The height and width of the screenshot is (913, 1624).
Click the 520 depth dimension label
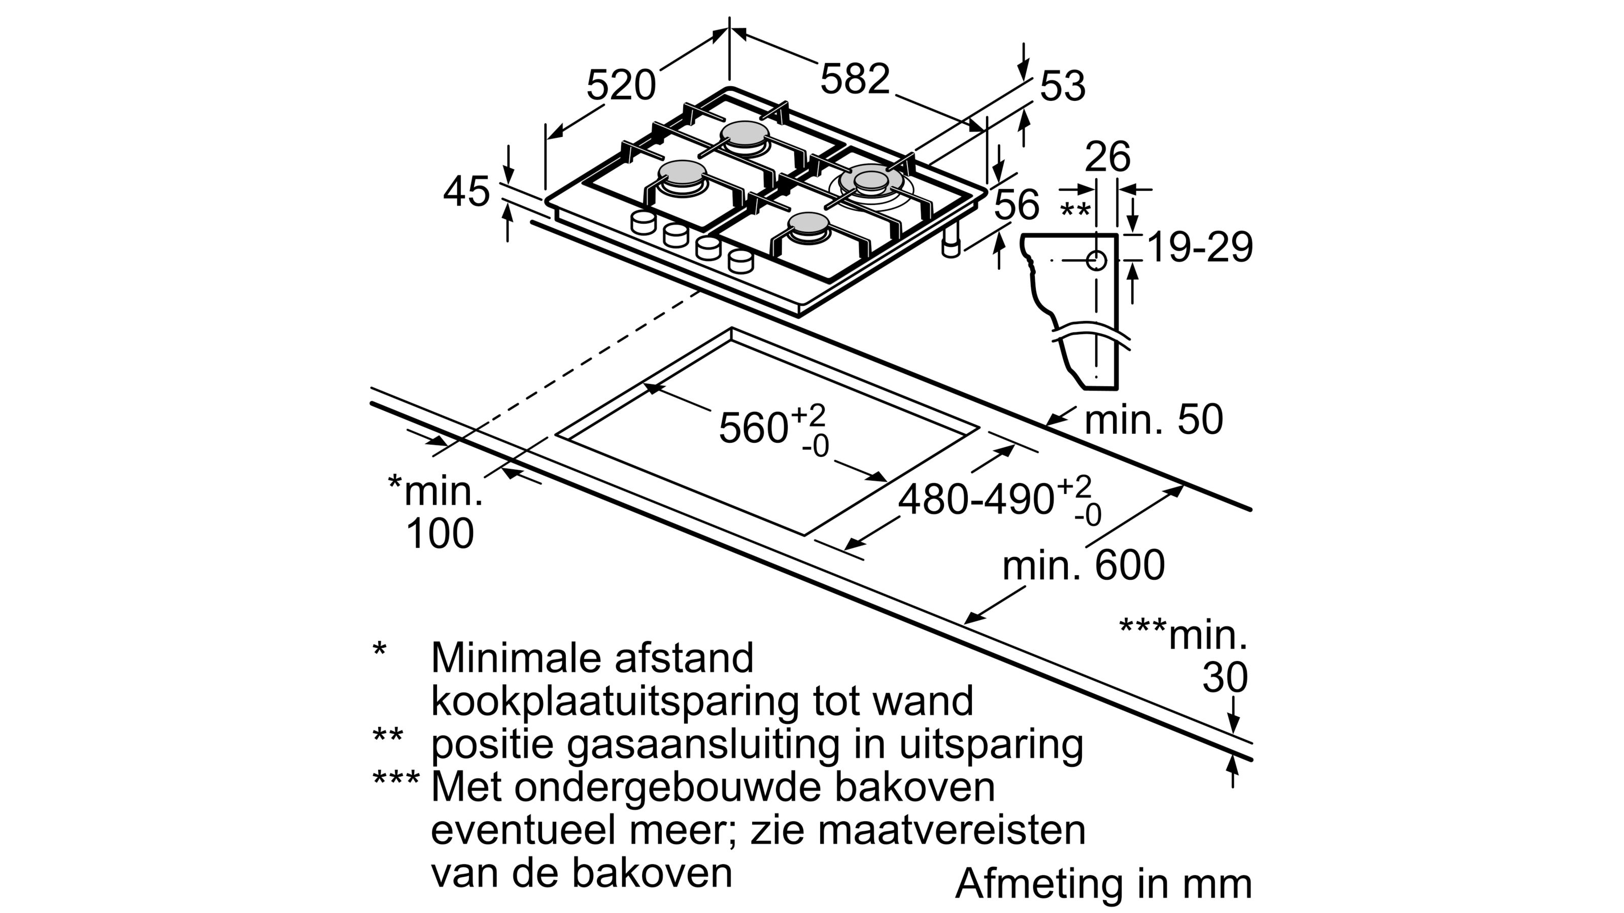(621, 86)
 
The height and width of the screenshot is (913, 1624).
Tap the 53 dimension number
(1062, 86)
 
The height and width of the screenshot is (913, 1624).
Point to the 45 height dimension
(466, 192)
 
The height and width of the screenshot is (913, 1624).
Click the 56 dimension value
(1016, 205)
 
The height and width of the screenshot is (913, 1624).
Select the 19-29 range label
(1200, 248)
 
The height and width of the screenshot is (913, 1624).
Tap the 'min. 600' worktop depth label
(1083, 565)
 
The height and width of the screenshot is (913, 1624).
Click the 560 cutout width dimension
(754, 428)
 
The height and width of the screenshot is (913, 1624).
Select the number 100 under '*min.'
(439, 534)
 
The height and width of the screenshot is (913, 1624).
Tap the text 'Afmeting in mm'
(1103, 884)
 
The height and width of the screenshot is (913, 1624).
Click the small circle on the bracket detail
(1096, 260)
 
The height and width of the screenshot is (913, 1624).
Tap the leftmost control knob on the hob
(643, 223)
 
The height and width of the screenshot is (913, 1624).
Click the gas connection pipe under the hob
(950, 242)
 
